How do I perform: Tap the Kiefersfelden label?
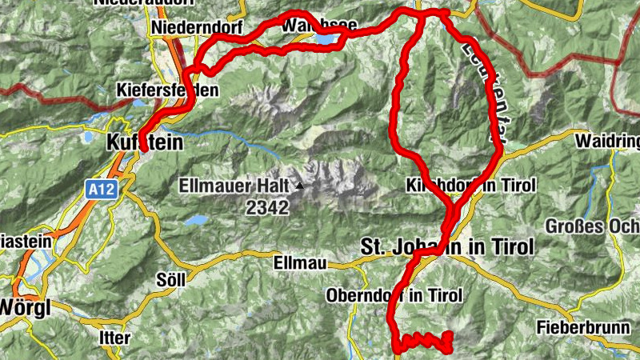click(166, 90)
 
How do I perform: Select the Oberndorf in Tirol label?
click(394, 295)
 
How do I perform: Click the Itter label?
click(115, 338)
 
